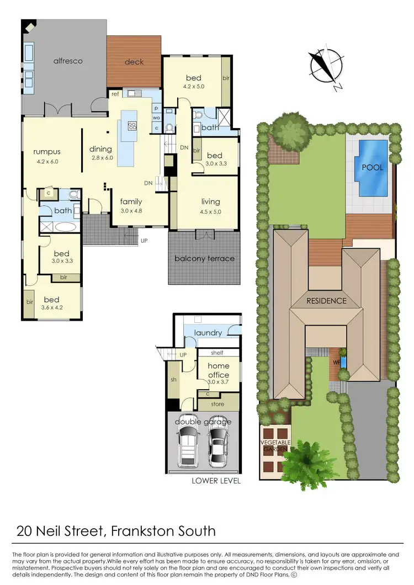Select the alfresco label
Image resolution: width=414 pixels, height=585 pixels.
pyautogui.click(x=68, y=61)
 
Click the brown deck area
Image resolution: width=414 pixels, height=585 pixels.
pyautogui.click(x=134, y=62)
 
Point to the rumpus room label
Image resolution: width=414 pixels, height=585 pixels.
pyautogui.click(x=46, y=152)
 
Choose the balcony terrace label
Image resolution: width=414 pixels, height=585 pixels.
pyautogui.click(x=204, y=258)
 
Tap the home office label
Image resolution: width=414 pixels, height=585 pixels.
pyautogui.click(x=218, y=370)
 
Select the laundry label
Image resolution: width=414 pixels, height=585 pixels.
pyautogui.click(x=208, y=333)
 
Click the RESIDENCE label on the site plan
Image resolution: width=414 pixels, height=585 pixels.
pyautogui.click(x=327, y=301)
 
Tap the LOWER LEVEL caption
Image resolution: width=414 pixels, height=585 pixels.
pyautogui.click(x=216, y=480)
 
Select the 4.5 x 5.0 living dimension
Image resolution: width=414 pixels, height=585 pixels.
pyautogui.click(x=211, y=211)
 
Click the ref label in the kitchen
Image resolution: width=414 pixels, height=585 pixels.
pyautogui.click(x=115, y=94)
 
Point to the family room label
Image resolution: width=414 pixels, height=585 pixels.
pyautogui.click(x=131, y=201)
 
